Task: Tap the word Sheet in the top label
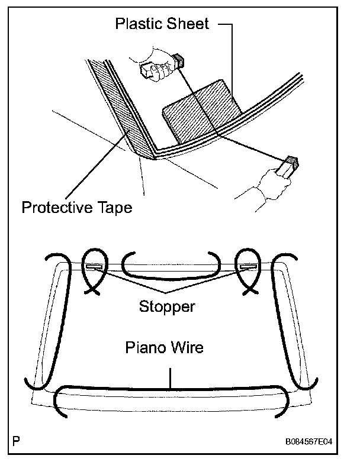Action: tap(189, 24)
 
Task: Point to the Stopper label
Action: tap(167, 307)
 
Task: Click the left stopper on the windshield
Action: tap(94, 267)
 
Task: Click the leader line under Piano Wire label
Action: tap(171, 376)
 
